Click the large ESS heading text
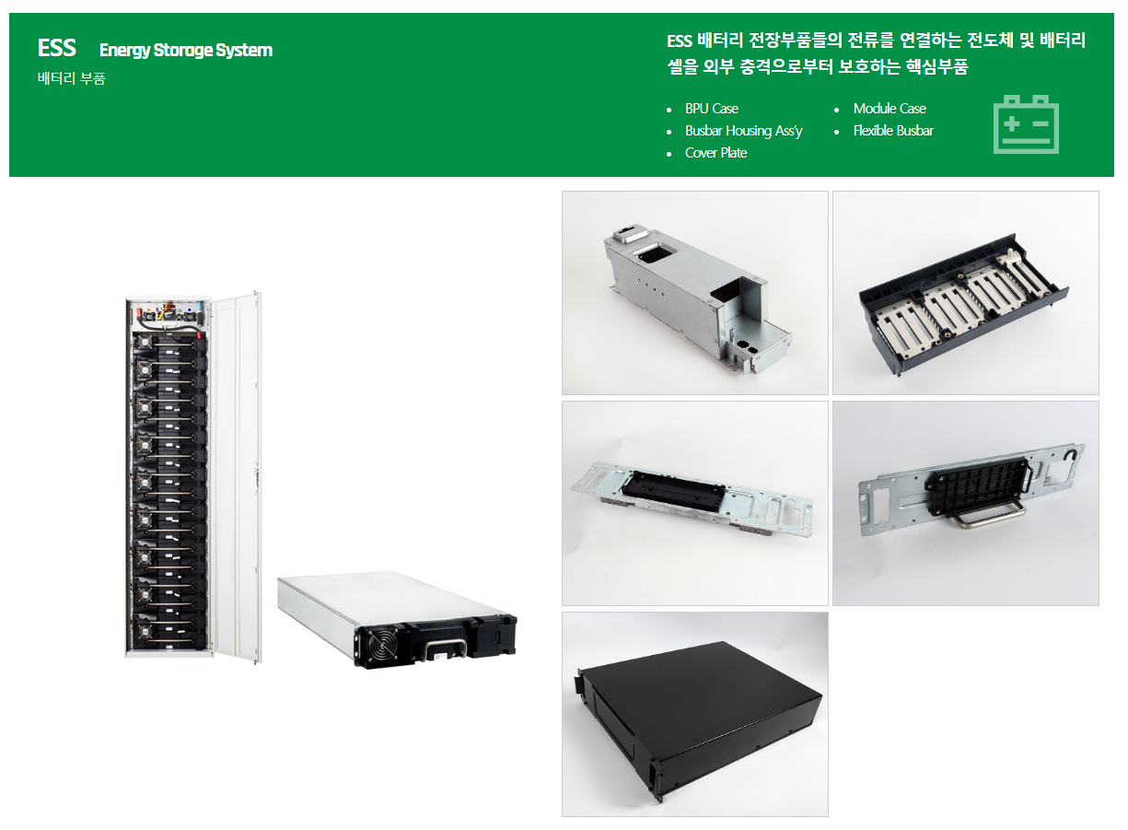point(57,49)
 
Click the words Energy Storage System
point(185,50)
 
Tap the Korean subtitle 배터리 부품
point(72,78)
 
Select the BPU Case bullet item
point(711,109)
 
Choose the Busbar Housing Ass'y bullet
point(743,131)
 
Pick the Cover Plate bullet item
point(715,153)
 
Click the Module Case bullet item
point(889,109)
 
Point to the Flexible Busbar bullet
point(892,131)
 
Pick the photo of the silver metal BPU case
point(694,293)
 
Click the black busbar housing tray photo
point(965,293)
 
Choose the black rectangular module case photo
point(694,714)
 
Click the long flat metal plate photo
point(694,503)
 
